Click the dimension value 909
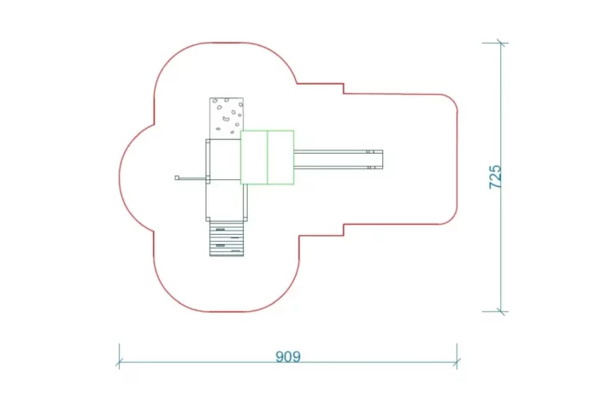point(288,356)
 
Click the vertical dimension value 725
point(495,177)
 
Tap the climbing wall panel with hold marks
point(227,116)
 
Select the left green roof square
point(254,157)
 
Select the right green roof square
point(281,157)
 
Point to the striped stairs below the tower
point(227,240)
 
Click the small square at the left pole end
point(177,179)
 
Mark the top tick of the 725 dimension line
point(501,43)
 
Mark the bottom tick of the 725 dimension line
point(501,312)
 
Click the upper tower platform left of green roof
point(223,159)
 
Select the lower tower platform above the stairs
point(226,202)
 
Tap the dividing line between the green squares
point(268,157)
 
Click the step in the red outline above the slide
point(344,89)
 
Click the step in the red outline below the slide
point(344,228)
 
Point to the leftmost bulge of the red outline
point(120,178)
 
